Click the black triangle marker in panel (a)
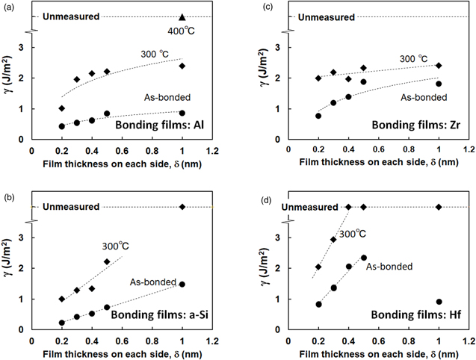point(182,16)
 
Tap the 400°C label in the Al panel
point(183,33)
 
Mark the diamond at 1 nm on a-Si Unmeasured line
point(182,207)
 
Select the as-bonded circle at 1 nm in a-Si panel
point(182,284)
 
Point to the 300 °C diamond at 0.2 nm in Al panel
point(61,108)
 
